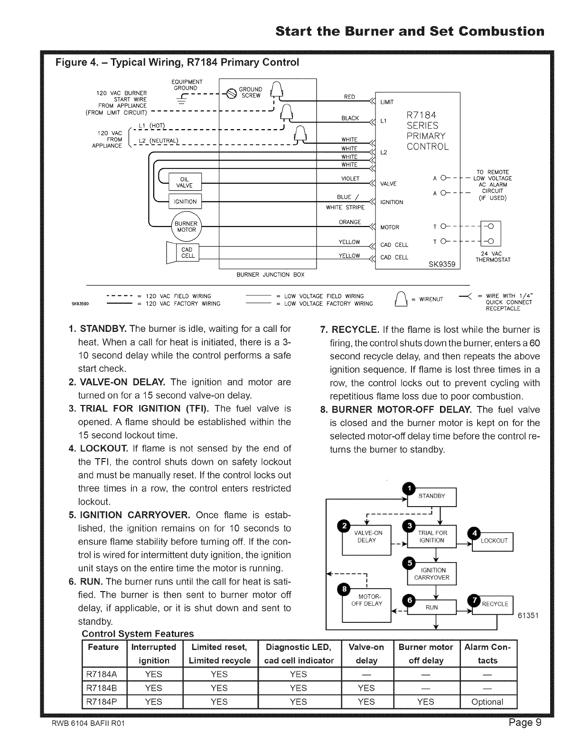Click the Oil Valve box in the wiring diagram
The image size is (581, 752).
pyautogui.click(x=185, y=182)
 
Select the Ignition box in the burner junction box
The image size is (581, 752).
pyautogui.click(x=185, y=201)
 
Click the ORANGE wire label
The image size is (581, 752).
pyautogui.click(x=350, y=222)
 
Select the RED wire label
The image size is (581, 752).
pyautogui.click(x=349, y=97)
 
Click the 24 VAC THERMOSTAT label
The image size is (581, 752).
pyautogui.click(x=492, y=256)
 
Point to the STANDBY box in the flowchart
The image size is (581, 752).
pyautogui.click(x=432, y=497)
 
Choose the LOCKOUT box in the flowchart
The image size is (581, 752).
pyautogui.click(x=494, y=541)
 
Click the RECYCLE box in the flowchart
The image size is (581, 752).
pyautogui.click(x=495, y=604)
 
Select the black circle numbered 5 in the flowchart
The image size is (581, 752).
pyautogui.click(x=408, y=563)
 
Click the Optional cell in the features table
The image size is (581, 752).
pyautogui.click(x=487, y=702)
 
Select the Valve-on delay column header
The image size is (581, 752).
pyautogui.click(x=366, y=654)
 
